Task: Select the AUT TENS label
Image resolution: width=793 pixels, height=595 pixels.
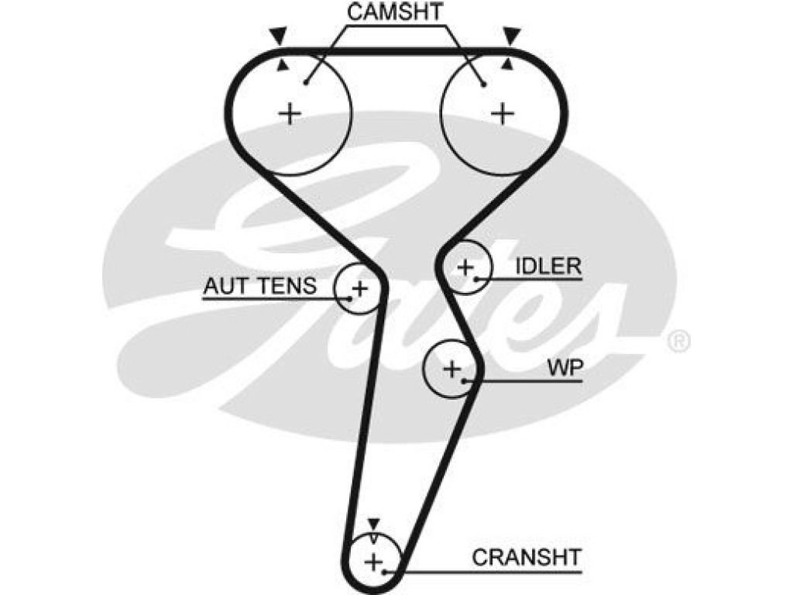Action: pyautogui.click(x=259, y=287)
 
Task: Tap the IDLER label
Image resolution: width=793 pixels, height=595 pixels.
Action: pyautogui.click(x=548, y=267)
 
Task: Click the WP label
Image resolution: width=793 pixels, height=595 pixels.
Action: pyautogui.click(x=565, y=368)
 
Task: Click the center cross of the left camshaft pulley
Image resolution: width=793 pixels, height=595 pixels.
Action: pyautogui.click(x=290, y=113)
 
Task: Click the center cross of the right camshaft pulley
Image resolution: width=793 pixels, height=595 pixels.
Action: pyautogui.click(x=503, y=113)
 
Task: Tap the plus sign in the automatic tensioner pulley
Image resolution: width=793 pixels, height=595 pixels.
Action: pyautogui.click(x=359, y=289)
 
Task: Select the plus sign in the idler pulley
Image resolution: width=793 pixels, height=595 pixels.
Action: pyautogui.click(x=465, y=267)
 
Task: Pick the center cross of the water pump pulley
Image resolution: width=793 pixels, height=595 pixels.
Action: pyautogui.click(x=451, y=369)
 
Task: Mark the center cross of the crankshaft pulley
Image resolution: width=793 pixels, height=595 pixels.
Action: pyautogui.click(x=374, y=562)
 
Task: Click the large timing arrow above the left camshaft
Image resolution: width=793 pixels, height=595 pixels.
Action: pyautogui.click(x=278, y=36)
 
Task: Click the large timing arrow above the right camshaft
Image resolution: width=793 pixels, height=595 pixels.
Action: pyautogui.click(x=512, y=36)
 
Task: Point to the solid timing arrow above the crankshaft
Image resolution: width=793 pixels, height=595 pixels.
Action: pyautogui.click(x=373, y=524)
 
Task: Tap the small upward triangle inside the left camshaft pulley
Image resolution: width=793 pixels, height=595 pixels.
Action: pyautogui.click(x=283, y=65)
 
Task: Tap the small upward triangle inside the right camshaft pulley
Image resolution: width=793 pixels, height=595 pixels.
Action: pyautogui.click(x=508, y=64)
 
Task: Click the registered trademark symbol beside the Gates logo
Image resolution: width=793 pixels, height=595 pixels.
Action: pyautogui.click(x=678, y=342)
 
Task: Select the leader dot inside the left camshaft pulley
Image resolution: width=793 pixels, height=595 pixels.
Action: pyautogui.click(x=306, y=82)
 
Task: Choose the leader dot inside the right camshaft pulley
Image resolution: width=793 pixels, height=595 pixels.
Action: pyautogui.click(x=484, y=84)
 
